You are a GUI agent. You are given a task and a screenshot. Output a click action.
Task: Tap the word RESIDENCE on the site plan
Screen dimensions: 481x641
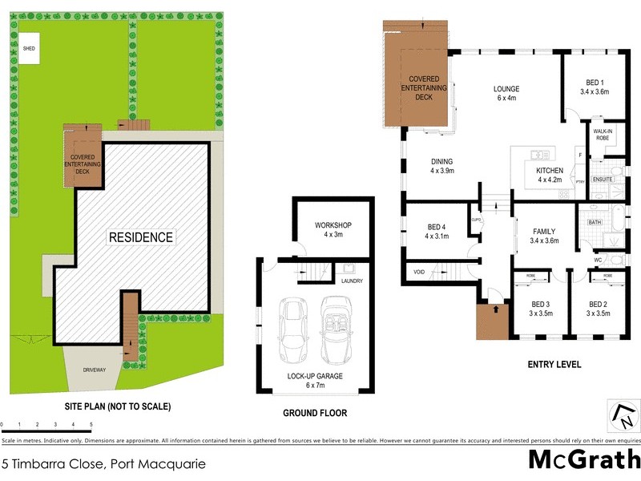pos(141,237)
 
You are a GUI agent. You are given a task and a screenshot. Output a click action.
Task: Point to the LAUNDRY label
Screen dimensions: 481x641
pos(352,281)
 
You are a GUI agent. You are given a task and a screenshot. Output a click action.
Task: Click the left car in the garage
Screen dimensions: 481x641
pos(293,330)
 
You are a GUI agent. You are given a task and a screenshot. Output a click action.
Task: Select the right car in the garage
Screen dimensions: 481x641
pos(336,330)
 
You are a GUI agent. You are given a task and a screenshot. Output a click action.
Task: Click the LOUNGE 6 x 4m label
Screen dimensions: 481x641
pos(506,93)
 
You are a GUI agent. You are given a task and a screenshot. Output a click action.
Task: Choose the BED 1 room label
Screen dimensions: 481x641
pos(595,87)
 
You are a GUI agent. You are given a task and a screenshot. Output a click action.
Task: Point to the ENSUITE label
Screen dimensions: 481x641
pos(603,179)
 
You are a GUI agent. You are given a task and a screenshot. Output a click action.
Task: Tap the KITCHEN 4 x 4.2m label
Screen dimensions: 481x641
pos(550,175)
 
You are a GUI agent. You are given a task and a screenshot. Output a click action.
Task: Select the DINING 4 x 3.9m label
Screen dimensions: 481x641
pos(442,165)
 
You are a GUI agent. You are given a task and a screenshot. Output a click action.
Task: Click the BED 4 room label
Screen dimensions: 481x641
pos(437,231)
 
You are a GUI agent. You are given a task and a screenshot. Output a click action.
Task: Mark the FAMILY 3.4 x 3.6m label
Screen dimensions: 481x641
pos(545,236)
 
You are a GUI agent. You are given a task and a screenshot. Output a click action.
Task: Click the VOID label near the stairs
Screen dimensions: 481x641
pos(419,273)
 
